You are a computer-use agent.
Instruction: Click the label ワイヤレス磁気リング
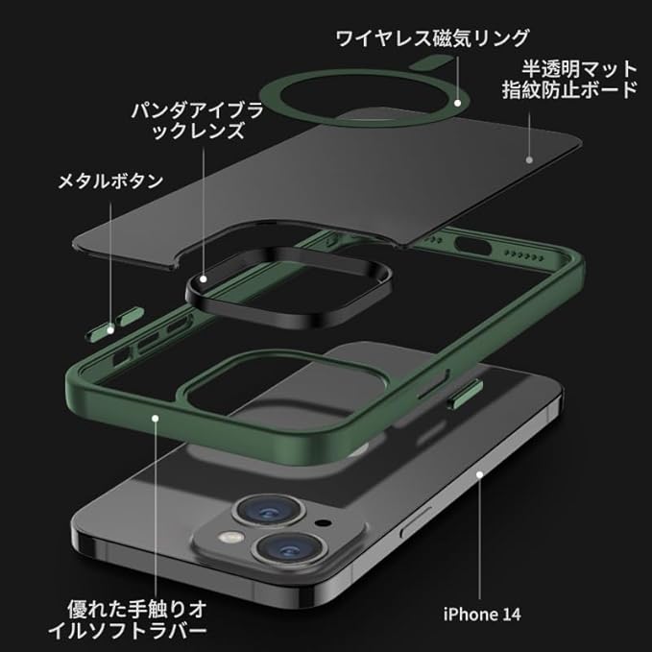(x=432, y=37)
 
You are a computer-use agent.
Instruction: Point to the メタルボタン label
(x=110, y=181)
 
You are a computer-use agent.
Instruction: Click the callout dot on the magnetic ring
(x=461, y=98)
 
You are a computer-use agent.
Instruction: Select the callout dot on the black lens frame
(x=204, y=278)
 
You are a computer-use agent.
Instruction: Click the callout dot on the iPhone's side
(x=478, y=474)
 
